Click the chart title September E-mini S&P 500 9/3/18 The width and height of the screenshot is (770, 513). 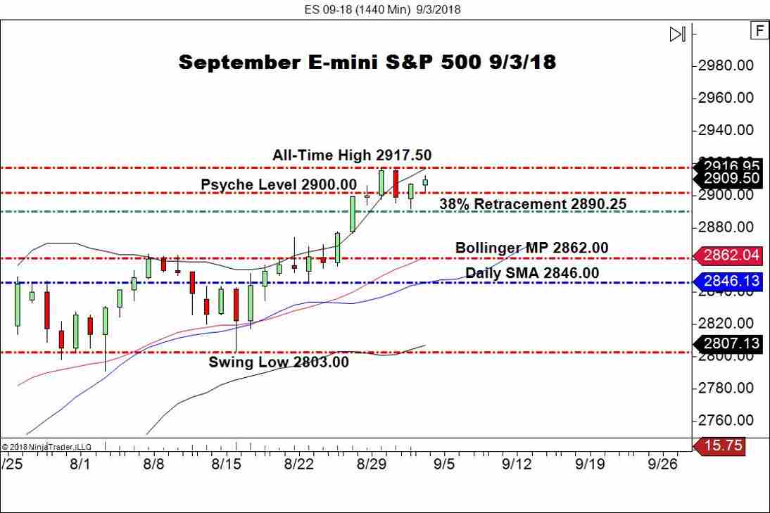tap(367, 62)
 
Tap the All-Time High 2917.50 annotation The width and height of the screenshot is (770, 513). tap(352, 155)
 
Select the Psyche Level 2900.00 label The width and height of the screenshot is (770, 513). tap(279, 184)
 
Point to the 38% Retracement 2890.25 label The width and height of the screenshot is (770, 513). tap(533, 204)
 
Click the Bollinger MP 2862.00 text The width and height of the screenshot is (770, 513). tap(531, 248)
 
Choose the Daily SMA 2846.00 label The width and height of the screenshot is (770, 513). tap(532, 272)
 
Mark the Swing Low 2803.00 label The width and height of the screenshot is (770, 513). tap(279, 362)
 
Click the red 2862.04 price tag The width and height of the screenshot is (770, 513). tap(730, 255)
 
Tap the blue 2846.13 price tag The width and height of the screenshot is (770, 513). tap(730, 281)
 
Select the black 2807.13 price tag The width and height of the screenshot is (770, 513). tap(730, 343)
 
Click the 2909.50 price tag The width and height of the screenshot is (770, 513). tap(730, 178)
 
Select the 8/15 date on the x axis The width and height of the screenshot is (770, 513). tap(226, 464)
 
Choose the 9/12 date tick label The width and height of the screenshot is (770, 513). tap(517, 464)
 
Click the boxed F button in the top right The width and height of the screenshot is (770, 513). tap(759, 30)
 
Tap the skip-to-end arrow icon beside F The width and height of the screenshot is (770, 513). tap(677, 34)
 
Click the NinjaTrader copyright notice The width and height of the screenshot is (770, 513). tap(46, 446)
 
